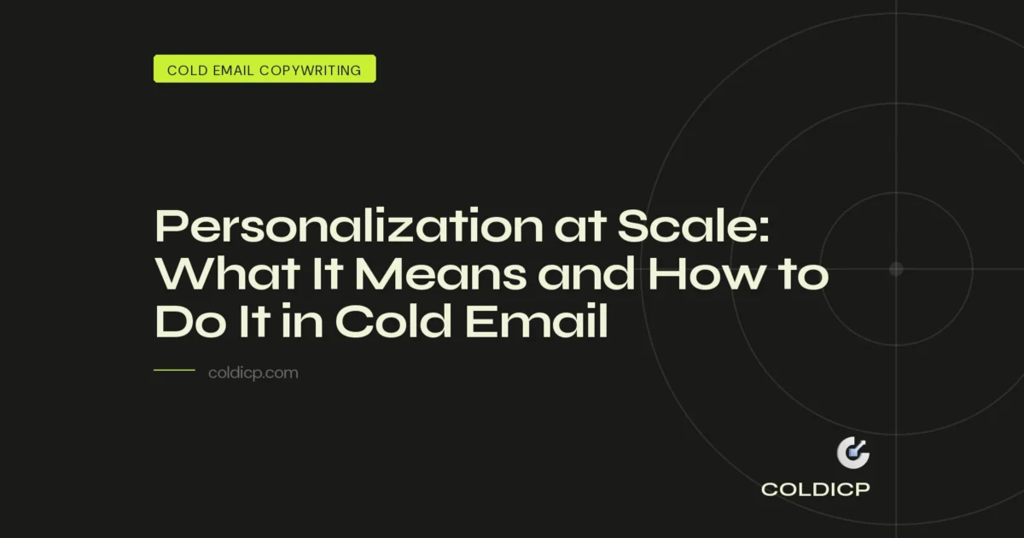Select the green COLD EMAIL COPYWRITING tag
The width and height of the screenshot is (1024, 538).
(x=265, y=69)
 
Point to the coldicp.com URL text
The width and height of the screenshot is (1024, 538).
(x=253, y=373)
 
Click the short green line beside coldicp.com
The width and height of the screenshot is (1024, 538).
(x=174, y=371)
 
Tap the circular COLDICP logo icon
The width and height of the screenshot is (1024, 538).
(x=852, y=453)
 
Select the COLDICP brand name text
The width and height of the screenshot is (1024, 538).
(x=815, y=490)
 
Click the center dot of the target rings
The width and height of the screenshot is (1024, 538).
(x=896, y=269)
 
